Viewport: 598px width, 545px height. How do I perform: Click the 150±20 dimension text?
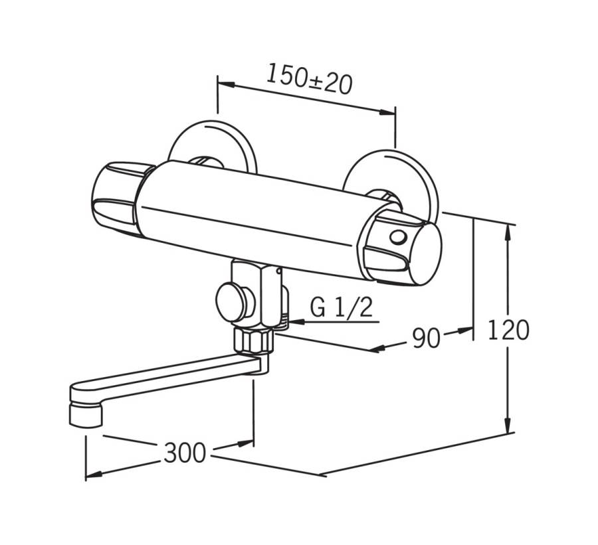309,80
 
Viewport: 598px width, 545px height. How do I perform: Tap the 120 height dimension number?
508,330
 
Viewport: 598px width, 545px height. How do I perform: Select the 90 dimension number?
426,338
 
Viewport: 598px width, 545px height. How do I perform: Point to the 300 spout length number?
185,453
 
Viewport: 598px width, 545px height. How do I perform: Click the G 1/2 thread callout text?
341,307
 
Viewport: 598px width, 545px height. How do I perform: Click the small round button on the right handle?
398,238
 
